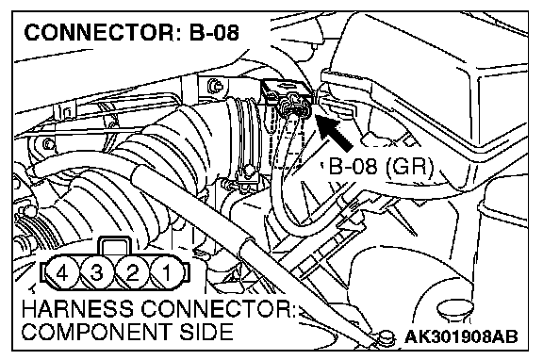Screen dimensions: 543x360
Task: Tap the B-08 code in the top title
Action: (214, 33)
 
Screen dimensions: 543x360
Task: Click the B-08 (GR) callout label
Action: (381, 166)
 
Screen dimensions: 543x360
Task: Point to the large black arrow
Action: (334, 133)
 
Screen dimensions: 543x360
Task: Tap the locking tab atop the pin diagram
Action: (115, 247)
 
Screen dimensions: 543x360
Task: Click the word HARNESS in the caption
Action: (77, 309)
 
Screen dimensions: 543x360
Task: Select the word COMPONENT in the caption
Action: (96, 332)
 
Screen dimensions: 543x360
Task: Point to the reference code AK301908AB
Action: (461, 336)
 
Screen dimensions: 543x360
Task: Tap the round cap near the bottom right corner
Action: (455, 310)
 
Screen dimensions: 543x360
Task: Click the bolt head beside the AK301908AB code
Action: (387, 336)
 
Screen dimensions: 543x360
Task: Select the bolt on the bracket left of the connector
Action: (214, 85)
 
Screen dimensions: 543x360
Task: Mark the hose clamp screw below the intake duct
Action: (248, 170)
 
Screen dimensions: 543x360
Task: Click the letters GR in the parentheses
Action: (410, 166)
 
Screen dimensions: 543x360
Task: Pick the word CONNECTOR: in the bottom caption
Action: (218, 309)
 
